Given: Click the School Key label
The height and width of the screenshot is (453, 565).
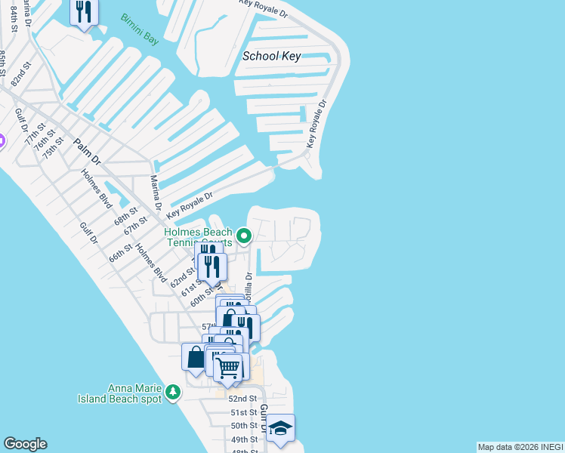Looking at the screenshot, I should click(x=272, y=57).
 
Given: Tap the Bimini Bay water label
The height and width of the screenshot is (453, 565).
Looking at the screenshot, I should click(x=140, y=29).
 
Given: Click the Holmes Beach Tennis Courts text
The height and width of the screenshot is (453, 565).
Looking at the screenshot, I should click(x=199, y=238).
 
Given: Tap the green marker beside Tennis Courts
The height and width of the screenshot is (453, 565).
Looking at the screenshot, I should click(x=244, y=237).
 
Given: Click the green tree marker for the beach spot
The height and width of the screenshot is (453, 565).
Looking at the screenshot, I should click(x=173, y=393).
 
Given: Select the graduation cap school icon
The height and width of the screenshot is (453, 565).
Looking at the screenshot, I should click(x=280, y=428).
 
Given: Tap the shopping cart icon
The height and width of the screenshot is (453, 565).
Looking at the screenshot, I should click(x=228, y=368).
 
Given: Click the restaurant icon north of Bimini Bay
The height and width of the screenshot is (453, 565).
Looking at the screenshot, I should click(x=83, y=12).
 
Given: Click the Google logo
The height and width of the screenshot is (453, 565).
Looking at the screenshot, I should click(x=25, y=444).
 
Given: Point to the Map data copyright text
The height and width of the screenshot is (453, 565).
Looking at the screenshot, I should click(x=520, y=447).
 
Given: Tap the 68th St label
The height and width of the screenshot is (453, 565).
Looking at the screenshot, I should click(x=125, y=216).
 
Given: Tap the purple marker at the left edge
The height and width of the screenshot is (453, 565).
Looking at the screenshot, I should click(x=2, y=140).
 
